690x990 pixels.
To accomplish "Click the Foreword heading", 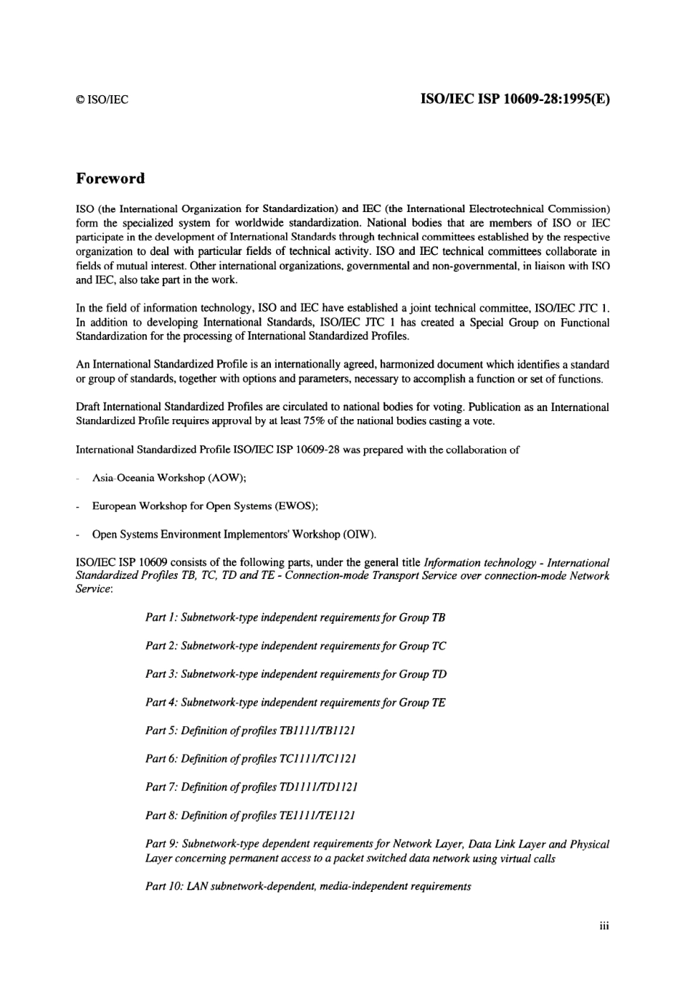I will [110, 179].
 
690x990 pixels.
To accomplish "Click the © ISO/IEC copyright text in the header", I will [102, 100].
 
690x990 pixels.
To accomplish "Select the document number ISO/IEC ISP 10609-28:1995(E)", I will [515, 99].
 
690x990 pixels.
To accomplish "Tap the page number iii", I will [604, 926].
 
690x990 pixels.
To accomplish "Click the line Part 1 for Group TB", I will [295, 617].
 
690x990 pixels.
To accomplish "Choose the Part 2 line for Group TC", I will [296, 646].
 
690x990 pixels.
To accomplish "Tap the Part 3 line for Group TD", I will [296, 674].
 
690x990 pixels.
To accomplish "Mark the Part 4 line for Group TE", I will [295, 702].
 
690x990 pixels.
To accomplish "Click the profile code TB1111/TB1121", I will [317, 731].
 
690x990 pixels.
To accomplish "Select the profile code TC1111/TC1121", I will [317, 759].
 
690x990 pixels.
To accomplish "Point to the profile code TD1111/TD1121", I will [318, 787].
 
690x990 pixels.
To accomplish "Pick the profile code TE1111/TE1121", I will [317, 816].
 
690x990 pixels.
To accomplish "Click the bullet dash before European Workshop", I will [78, 506].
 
